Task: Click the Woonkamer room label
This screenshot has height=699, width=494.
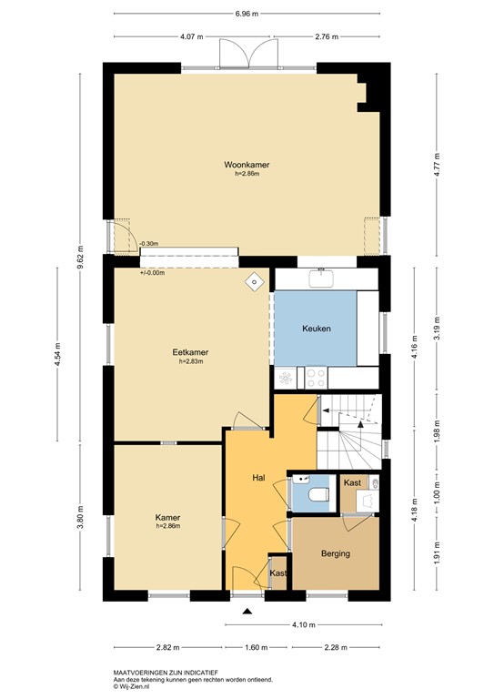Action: (247, 165)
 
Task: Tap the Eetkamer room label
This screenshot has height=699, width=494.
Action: (190, 352)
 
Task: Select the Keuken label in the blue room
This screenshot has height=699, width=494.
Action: (317, 329)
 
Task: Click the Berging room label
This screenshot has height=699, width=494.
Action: (335, 553)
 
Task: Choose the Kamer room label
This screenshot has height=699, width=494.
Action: (168, 517)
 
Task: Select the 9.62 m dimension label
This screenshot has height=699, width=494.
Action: (81, 258)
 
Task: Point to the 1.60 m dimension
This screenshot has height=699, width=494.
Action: (258, 648)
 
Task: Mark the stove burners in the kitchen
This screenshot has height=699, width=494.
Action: (316, 373)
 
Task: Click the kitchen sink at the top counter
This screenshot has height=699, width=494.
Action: (323, 279)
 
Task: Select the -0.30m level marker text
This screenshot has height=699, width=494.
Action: (149, 244)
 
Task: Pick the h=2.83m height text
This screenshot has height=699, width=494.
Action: (190, 361)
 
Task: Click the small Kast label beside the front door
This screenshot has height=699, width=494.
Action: (278, 573)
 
